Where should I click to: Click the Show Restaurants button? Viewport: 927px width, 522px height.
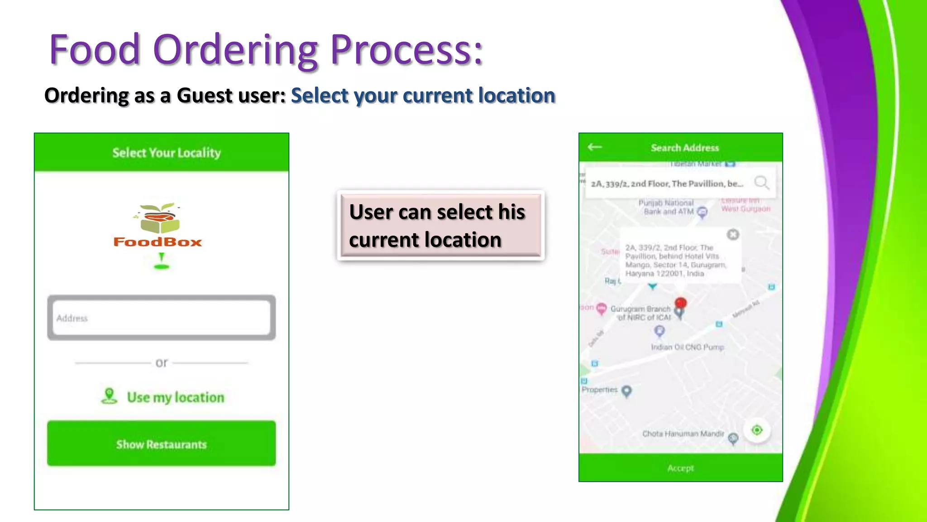click(161, 444)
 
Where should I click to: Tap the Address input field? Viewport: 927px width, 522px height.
click(161, 318)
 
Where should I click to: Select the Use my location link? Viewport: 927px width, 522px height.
click(175, 397)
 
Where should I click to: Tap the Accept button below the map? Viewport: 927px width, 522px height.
click(680, 468)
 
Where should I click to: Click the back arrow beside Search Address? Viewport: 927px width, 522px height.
click(594, 147)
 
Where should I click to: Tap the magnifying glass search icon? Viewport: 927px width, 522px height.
click(761, 183)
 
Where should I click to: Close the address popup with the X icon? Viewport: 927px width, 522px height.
click(733, 234)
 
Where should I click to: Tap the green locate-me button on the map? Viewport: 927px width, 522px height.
click(757, 430)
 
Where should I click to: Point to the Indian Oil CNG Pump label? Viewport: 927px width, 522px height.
click(687, 347)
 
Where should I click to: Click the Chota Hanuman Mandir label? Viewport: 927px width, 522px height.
click(683, 434)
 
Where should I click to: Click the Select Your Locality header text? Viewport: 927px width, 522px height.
click(167, 153)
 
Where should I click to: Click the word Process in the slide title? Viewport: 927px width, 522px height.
click(406, 49)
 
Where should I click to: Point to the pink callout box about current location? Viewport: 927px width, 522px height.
click(440, 225)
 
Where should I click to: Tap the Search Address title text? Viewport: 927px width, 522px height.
click(684, 148)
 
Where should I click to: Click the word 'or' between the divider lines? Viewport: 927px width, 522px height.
click(162, 362)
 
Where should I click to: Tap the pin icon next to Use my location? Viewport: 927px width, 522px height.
click(109, 396)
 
